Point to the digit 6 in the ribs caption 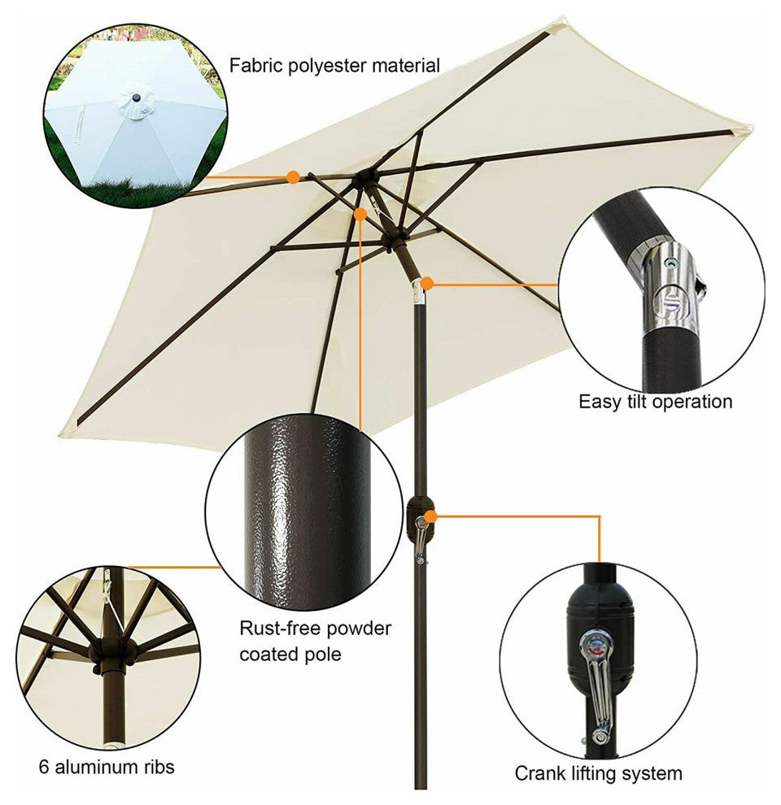(44, 767)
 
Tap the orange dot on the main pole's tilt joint (427, 283)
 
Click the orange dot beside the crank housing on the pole (430, 516)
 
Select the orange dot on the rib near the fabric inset (293, 177)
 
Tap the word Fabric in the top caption (255, 65)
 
